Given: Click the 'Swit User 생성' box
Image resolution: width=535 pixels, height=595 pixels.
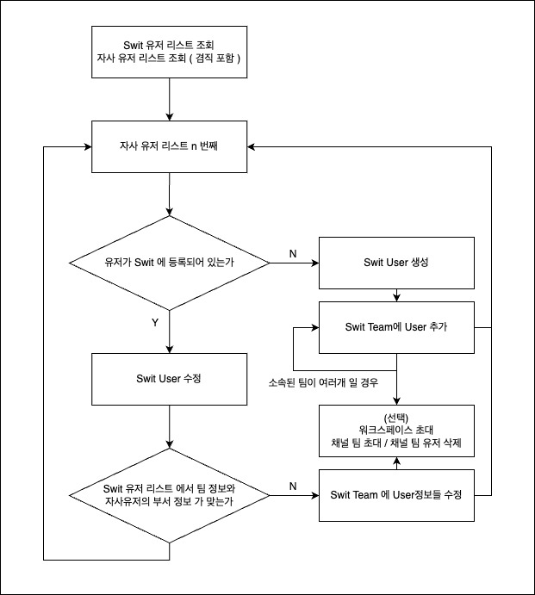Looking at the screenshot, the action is pyautogui.click(x=396, y=263).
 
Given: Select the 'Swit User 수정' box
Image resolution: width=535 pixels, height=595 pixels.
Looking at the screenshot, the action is pyautogui.click(x=170, y=379).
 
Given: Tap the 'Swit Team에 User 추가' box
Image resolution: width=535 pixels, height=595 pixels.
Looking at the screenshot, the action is pyautogui.click(x=396, y=327).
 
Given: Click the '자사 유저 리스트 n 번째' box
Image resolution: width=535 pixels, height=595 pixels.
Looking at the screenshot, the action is pyautogui.click(x=170, y=147).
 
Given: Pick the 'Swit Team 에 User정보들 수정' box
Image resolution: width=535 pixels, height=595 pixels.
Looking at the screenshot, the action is pyautogui.click(x=396, y=495).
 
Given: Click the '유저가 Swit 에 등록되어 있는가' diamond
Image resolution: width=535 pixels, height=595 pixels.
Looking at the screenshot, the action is pyautogui.click(x=170, y=263).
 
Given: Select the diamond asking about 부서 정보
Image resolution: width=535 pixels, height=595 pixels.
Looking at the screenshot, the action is pyautogui.click(x=170, y=496).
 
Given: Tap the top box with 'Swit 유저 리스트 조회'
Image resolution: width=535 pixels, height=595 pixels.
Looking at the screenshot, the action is pyautogui.click(x=170, y=52).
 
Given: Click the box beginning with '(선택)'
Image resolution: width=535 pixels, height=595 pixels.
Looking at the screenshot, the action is pyautogui.click(x=396, y=431).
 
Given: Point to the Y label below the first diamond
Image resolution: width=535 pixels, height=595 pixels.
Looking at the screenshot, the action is pyautogui.click(x=155, y=323).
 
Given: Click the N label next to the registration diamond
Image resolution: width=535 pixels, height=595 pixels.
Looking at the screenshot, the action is pyautogui.click(x=293, y=253).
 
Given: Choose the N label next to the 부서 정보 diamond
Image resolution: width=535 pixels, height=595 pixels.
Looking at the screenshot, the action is pyautogui.click(x=293, y=487).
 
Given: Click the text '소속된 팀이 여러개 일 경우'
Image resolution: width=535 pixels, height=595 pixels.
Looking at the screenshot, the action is pyautogui.click(x=323, y=382).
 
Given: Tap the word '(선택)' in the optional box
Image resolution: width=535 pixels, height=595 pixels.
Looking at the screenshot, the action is pyautogui.click(x=396, y=418).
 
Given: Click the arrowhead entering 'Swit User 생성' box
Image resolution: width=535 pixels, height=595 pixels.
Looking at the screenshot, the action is pyautogui.click(x=315, y=263).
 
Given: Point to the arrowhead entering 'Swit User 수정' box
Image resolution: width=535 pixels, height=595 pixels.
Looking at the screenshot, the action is pyautogui.click(x=170, y=350).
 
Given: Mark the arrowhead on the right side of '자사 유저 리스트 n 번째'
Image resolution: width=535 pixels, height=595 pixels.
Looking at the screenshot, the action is pyautogui.click(x=251, y=147).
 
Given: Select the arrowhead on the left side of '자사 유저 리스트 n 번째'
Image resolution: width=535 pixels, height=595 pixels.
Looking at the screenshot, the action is pyautogui.click(x=88, y=147).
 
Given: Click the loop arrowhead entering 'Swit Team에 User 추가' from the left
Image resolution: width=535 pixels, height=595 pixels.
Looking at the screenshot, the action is pyautogui.click(x=315, y=327).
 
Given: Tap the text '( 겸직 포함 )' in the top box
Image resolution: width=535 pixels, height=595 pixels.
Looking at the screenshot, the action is pyautogui.click(x=215, y=58).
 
